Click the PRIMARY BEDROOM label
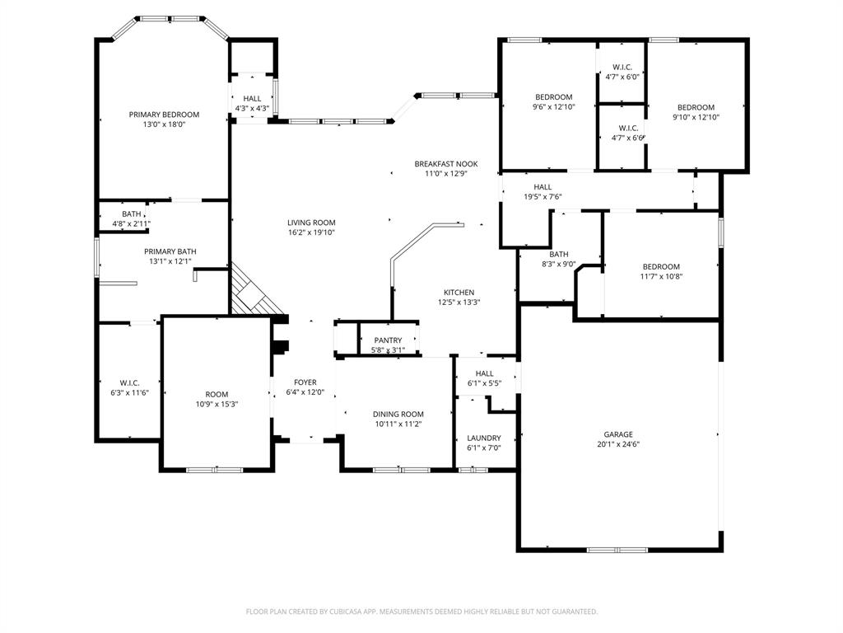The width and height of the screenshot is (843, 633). click(x=164, y=115)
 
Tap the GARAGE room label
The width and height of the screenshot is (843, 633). click(x=618, y=434)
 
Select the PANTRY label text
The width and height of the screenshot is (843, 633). click(x=388, y=340)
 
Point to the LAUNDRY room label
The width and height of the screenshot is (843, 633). click(x=484, y=438)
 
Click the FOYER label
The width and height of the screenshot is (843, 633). click(x=305, y=382)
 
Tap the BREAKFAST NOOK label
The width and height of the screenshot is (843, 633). click(x=445, y=164)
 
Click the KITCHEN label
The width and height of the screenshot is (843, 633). click(x=459, y=293)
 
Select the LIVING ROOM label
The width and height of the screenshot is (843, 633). click(x=311, y=223)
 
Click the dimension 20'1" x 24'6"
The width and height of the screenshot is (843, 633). click(x=618, y=444)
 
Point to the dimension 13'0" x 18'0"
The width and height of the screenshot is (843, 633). click(x=164, y=124)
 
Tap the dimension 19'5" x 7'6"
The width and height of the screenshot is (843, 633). click(x=543, y=197)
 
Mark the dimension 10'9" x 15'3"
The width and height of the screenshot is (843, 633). click(x=217, y=404)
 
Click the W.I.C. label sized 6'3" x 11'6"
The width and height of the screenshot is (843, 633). click(x=129, y=382)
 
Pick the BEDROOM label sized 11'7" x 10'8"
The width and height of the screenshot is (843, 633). click(x=661, y=266)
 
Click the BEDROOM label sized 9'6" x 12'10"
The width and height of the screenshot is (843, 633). click(x=552, y=96)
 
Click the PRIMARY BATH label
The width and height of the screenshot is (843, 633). click(x=170, y=251)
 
